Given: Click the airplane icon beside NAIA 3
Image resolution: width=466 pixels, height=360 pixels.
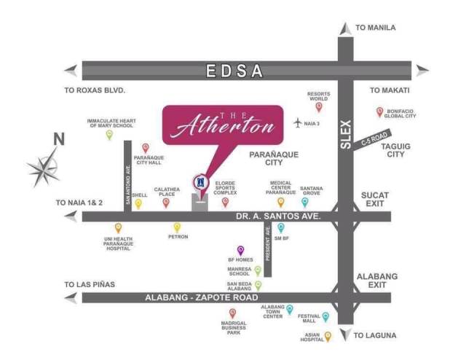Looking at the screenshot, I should click(x=298, y=123).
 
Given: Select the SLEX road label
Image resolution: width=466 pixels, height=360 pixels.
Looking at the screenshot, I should click(x=346, y=135).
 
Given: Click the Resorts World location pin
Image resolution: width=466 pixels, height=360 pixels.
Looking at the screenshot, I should click(x=319, y=107).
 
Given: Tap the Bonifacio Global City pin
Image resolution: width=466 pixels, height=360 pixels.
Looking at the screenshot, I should click(x=379, y=111).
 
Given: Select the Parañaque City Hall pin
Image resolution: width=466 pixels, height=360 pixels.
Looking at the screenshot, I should click(x=145, y=148).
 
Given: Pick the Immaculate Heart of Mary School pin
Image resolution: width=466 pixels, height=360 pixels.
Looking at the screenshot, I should click(x=109, y=134).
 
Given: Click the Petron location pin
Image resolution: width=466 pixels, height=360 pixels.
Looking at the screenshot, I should click(x=177, y=227).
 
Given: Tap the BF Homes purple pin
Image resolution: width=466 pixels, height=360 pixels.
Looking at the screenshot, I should click(x=240, y=250).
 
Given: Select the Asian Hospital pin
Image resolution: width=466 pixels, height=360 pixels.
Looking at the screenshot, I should click(x=328, y=336).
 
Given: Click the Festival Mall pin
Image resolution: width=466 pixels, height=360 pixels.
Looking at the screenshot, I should click(x=325, y=317).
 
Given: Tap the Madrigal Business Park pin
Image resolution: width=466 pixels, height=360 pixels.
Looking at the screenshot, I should click(x=232, y=313).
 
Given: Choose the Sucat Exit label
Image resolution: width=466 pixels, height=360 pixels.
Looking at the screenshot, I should click(x=375, y=200).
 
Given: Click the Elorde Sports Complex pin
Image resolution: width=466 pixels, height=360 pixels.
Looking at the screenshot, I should click(x=225, y=202).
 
